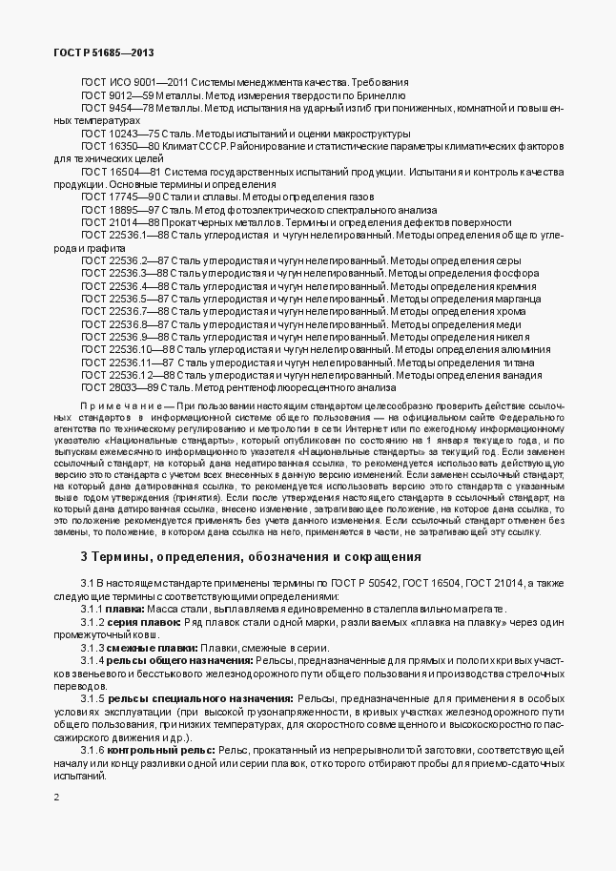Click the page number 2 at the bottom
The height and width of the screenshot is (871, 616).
[x=56, y=796]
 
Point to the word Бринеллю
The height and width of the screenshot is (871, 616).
[x=383, y=96]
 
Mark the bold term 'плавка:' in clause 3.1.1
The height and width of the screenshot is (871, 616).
[x=126, y=609]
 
